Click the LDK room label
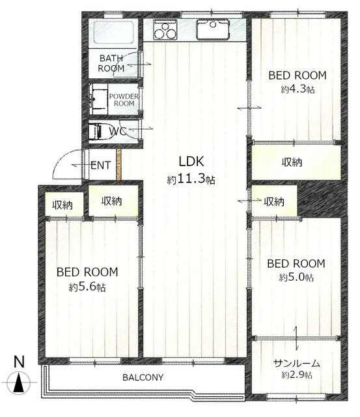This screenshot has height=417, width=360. pos(191,162)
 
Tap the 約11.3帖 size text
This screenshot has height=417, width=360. pos(191,180)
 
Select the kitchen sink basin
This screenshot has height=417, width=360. pos(212,29)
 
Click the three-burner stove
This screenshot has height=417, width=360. pos(165,30)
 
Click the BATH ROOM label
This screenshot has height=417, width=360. pos(111,63)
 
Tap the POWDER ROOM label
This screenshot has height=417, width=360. pos(124,100)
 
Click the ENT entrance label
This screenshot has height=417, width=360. pos(100,165)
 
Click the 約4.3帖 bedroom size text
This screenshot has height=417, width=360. pos(298,89)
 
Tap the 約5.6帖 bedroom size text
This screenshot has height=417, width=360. pos(87,287)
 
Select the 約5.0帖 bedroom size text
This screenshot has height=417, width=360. pos(296,278)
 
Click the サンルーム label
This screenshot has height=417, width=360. pos(296,364)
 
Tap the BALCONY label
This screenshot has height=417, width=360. pos(143,377)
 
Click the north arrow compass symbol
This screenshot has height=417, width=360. pos(19,382)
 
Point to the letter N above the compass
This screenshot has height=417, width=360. pos(19,362)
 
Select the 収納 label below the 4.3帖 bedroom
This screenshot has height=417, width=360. pos(292,162)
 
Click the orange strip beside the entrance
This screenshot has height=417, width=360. pos(118,165)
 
